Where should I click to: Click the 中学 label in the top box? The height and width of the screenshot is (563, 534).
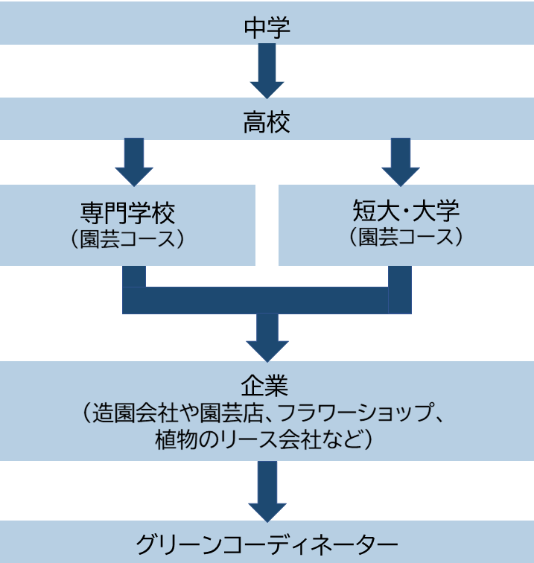(x=267, y=28)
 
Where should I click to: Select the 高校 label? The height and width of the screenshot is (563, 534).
(x=267, y=122)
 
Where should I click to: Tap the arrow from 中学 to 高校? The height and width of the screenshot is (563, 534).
(x=267, y=71)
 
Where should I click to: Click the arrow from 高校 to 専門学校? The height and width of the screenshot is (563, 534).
(x=134, y=161)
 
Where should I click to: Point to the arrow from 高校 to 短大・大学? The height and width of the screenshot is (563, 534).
(x=401, y=161)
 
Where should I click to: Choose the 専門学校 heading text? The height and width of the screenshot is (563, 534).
(x=128, y=214)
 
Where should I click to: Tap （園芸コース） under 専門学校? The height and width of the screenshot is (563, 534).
(x=128, y=240)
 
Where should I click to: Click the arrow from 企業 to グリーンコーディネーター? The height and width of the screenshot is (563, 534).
(x=267, y=492)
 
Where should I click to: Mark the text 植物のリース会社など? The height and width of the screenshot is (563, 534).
(x=258, y=439)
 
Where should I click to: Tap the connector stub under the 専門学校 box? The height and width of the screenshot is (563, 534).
(x=134, y=276)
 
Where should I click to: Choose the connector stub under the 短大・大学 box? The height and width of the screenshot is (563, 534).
(x=401, y=276)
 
